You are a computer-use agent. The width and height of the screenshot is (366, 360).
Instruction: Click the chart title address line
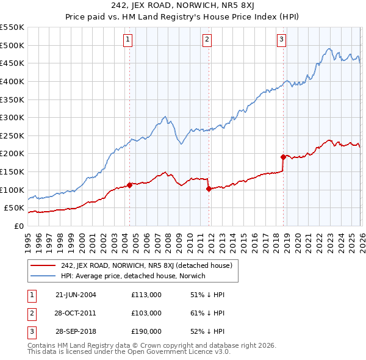182,6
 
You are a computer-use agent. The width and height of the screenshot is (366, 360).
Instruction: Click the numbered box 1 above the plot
128,40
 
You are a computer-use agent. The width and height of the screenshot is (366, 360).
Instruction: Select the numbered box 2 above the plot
207,40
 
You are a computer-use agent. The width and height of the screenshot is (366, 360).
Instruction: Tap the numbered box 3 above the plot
282,40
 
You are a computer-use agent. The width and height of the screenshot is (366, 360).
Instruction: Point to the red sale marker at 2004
130,185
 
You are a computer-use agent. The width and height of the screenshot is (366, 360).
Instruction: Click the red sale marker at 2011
209,189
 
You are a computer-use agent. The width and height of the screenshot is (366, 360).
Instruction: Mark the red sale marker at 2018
283,157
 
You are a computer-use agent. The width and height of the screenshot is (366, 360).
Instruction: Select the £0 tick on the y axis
18,226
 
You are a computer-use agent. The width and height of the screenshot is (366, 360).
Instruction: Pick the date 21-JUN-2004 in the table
76,295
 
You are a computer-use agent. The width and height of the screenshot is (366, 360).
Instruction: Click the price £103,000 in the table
146,313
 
